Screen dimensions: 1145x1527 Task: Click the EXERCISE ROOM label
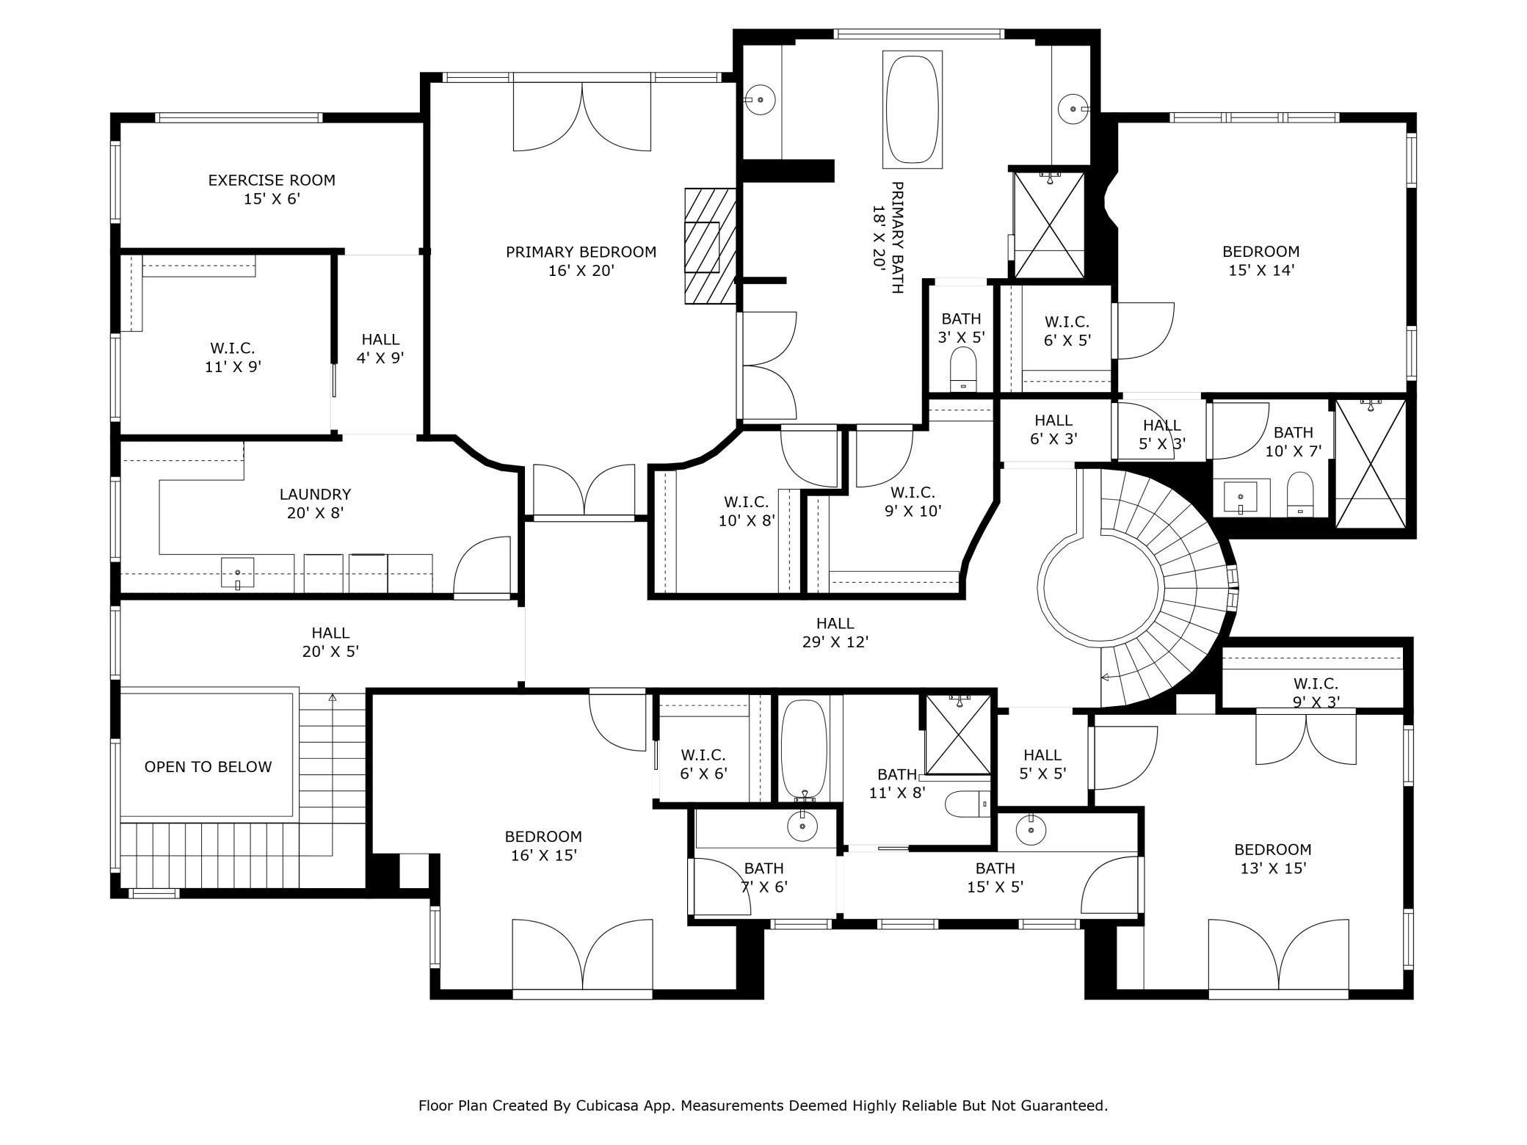272,189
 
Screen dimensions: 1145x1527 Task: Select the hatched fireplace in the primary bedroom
710,246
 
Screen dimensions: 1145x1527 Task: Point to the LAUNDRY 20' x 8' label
315,504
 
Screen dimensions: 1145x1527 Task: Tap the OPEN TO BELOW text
208,767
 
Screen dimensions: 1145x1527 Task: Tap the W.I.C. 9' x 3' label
1316,692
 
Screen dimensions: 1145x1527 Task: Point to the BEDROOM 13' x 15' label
1272,859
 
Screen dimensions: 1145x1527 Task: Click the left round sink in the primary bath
761,99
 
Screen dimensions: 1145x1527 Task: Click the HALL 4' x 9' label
380,349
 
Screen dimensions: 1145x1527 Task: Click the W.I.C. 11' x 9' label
233,357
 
